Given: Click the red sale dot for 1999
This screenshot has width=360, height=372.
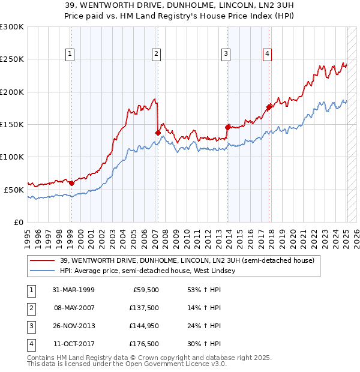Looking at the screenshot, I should pos(71,183).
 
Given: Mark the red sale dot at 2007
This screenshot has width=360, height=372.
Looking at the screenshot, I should pos(158,133).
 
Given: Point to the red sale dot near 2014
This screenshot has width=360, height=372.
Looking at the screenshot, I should pos(227,127).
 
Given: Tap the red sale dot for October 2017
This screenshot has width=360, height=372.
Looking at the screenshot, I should pos(269,107).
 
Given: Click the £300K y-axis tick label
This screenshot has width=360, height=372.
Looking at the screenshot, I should pos(11,27).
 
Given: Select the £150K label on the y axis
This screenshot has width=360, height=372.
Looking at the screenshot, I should pos(11,124).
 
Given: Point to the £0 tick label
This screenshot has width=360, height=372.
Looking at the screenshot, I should pos(17,222).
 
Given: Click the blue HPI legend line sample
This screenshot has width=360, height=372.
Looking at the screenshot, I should pos(43,271).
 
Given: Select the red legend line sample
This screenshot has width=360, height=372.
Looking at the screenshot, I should pos(43,260).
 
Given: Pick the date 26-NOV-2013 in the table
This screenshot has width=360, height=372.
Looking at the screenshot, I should pos(73,326).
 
